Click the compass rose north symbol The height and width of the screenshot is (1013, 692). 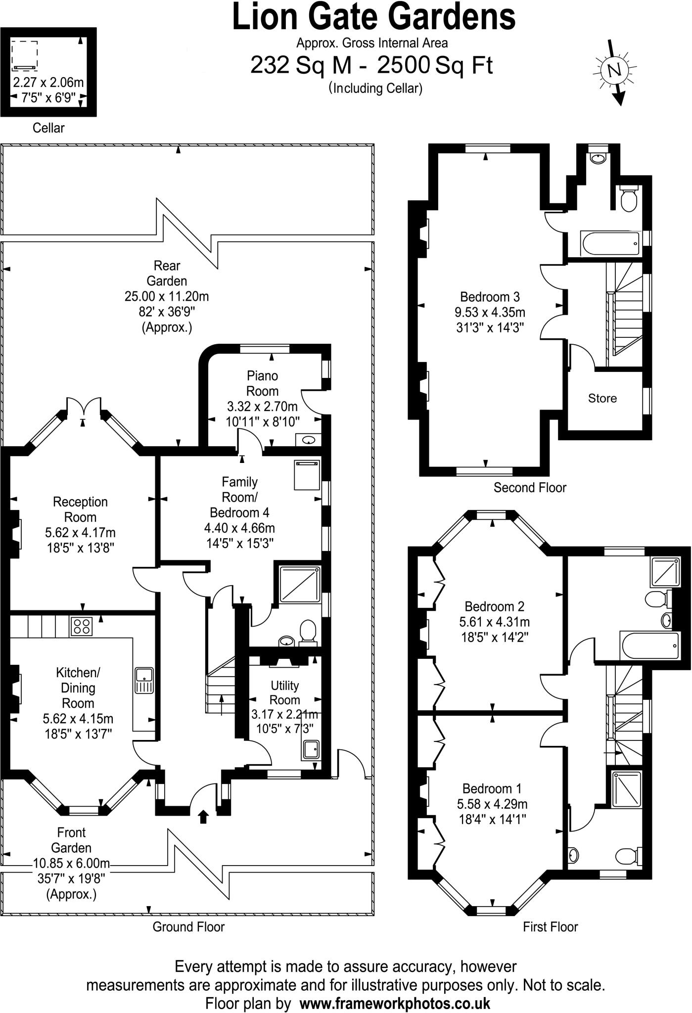pos(615,70)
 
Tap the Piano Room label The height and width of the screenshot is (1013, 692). pos(262,383)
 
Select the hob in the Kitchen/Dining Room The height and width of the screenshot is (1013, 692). pos(82,627)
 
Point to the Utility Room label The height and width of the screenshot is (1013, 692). pos(284,692)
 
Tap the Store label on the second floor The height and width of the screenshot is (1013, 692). pos(602,398)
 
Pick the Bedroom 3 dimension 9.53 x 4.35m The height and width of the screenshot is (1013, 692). pos(490,312)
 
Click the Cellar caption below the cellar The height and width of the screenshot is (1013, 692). pos(48,128)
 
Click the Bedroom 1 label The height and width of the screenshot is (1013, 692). pos(492,788)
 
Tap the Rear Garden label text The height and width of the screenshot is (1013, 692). pos(167,273)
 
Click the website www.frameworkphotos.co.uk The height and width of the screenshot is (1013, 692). pos(395,989)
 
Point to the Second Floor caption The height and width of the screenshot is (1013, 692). pos(529,488)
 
